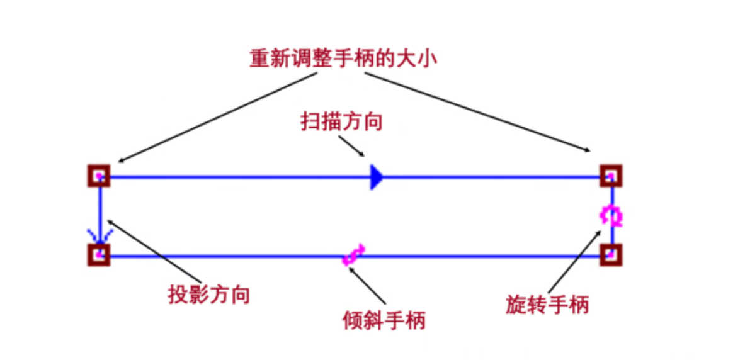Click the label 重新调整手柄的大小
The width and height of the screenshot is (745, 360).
(x=343, y=59)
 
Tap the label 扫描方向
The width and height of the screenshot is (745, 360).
(x=341, y=121)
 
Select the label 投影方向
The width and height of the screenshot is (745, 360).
(x=209, y=294)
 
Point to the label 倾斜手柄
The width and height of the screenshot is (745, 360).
(x=384, y=320)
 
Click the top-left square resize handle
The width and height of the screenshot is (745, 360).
(x=99, y=176)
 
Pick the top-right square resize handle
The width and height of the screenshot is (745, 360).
(x=610, y=176)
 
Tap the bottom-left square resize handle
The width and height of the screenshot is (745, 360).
(x=99, y=255)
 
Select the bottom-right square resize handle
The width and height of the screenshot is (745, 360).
(x=610, y=255)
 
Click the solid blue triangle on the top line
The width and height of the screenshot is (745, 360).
(x=377, y=177)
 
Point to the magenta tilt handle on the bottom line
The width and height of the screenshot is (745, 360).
(x=354, y=254)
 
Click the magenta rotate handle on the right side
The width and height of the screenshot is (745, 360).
(x=611, y=216)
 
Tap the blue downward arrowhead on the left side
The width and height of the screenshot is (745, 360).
(x=100, y=235)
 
